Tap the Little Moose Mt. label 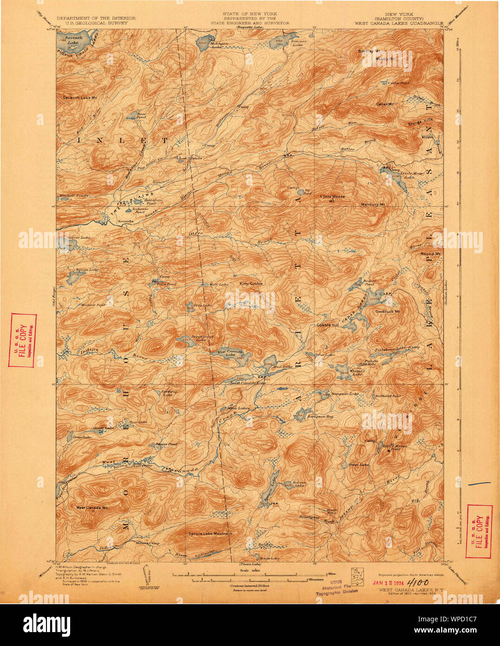click(332, 197)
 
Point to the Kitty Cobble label click(251, 283)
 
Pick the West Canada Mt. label click(92, 508)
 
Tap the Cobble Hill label click(328, 325)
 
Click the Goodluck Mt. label click(388, 311)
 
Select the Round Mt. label click(430, 254)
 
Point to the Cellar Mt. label click(384, 104)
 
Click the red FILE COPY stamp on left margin click(22, 340)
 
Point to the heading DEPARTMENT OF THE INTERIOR click(96, 18)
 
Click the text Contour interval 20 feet click(250, 586)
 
